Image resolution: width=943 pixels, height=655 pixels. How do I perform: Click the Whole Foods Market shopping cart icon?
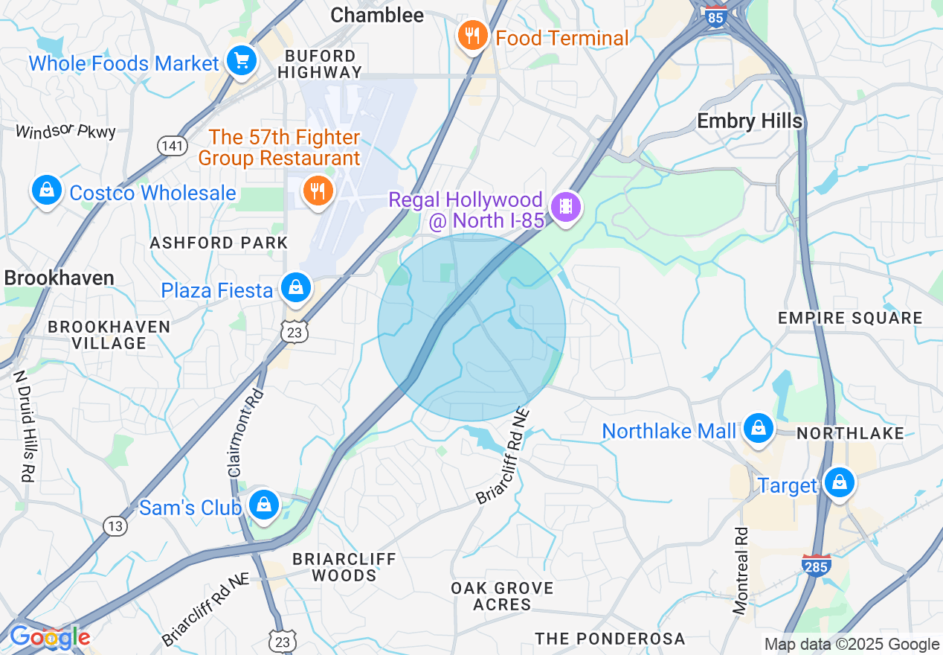tap(241, 61)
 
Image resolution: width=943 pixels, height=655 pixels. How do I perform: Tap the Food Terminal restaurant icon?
tap(471, 36)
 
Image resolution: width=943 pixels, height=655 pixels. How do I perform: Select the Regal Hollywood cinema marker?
tap(567, 206)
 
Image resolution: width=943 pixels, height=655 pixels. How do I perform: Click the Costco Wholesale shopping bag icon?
tap(47, 191)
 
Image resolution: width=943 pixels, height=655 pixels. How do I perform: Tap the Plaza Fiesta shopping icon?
tap(296, 287)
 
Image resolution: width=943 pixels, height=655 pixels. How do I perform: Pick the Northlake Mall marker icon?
tap(758, 429)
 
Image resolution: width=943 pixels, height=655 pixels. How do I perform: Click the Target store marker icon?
tap(839, 483)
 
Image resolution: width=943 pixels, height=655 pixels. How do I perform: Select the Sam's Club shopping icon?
tap(263, 505)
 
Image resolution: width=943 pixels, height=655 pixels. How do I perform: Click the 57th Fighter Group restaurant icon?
tap(318, 191)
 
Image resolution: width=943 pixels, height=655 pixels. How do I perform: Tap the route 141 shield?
tap(172, 146)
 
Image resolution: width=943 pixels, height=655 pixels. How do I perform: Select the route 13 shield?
tap(115, 526)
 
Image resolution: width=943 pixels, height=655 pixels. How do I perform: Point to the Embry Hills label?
tap(750, 121)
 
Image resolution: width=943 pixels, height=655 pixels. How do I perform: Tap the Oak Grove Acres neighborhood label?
tap(503, 596)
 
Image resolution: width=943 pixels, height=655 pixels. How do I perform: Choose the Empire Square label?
tap(850, 319)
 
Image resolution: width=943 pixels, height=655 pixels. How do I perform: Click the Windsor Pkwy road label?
tap(66, 132)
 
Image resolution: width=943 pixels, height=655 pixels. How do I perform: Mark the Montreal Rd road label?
tap(741, 571)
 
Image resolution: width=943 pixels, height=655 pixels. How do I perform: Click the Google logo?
tap(49, 637)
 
